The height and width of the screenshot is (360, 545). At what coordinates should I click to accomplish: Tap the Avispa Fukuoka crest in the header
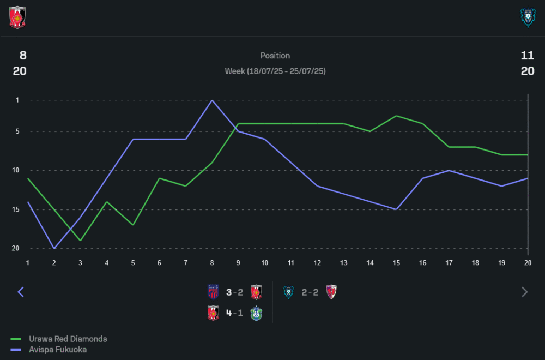click(x=528, y=18)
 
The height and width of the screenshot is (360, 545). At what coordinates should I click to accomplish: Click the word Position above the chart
click(x=275, y=56)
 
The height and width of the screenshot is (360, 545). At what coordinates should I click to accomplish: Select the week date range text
click(x=275, y=71)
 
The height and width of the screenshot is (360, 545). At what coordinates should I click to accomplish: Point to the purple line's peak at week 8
click(x=212, y=100)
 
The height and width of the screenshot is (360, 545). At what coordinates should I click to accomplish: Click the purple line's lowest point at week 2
click(x=54, y=248)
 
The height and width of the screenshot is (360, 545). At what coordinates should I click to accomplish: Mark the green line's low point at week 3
click(x=81, y=241)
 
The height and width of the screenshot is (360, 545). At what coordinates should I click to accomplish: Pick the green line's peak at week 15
click(x=396, y=116)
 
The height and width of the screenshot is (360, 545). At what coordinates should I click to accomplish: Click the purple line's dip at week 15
click(x=396, y=209)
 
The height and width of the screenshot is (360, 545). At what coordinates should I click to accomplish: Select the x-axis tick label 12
click(x=317, y=263)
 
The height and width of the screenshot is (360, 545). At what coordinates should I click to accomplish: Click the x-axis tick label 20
click(x=528, y=263)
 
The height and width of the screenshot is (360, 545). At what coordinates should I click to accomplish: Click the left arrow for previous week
click(x=21, y=292)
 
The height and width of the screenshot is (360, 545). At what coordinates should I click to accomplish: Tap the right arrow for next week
click(x=524, y=292)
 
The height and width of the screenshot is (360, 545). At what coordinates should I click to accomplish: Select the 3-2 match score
click(x=234, y=292)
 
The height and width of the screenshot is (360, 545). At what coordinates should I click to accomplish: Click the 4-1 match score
click(x=234, y=314)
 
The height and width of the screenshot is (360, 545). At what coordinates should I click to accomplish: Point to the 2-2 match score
click(x=310, y=292)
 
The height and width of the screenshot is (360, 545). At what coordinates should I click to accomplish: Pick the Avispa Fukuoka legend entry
click(x=57, y=350)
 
